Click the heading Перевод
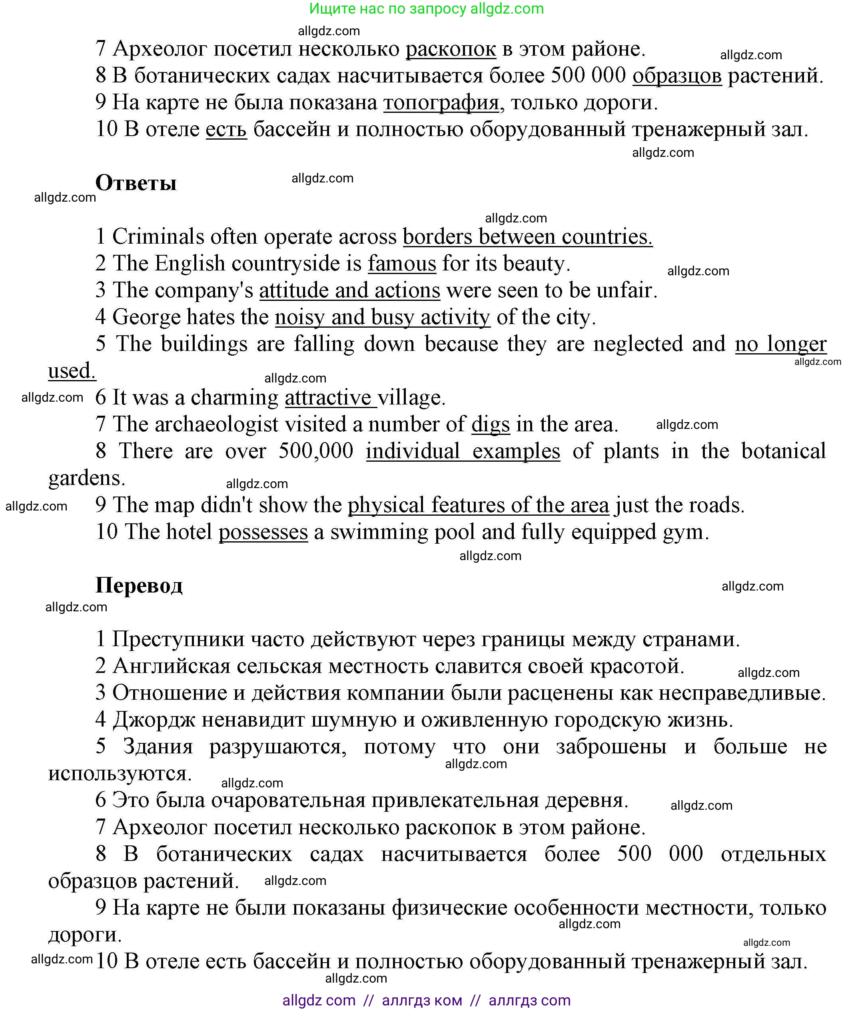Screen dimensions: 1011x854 [x=139, y=585]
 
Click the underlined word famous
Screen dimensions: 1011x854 [x=402, y=264]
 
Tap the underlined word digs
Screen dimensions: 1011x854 [x=491, y=424]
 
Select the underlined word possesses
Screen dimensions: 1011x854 [x=263, y=532]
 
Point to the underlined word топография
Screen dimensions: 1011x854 [x=441, y=102]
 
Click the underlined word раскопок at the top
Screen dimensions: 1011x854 [x=451, y=48]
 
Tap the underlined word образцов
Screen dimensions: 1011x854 [x=677, y=76]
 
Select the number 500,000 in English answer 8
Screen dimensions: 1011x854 [x=315, y=451]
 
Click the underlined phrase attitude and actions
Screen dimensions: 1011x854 [x=349, y=290]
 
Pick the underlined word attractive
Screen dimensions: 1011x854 [x=328, y=398]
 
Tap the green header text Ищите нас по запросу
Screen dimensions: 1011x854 [x=388, y=9]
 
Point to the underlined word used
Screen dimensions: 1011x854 [x=71, y=371]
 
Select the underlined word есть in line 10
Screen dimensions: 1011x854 [x=226, y=129]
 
